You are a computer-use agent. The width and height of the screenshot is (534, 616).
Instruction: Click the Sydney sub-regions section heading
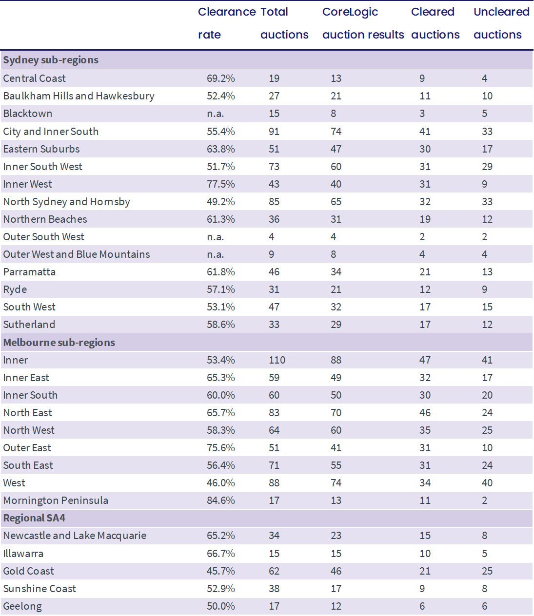click(51, 60)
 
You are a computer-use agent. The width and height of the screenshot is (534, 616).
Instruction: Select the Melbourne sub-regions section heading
click(59, 343)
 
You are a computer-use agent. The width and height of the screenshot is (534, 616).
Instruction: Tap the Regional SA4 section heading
click(34, 518)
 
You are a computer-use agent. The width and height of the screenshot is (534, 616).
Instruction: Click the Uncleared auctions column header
click(501, 23)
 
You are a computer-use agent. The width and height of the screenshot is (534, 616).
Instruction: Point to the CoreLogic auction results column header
click(363, 23)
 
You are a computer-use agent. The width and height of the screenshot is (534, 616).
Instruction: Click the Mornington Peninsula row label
click(56, 500)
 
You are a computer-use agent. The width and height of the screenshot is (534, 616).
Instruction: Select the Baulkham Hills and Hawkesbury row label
click(79, 96)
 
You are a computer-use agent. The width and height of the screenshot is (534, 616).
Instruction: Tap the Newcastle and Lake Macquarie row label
click(75, 536)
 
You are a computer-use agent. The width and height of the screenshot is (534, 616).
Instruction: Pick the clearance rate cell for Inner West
click(221, 184)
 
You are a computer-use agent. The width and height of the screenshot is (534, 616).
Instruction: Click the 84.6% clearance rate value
click(221, 500)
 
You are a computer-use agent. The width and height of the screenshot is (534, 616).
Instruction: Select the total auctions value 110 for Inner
click(277, 360)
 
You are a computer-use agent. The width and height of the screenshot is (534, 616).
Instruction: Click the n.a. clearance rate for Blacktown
click(215, 114)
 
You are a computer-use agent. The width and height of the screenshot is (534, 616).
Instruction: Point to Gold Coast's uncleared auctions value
click(487, 571)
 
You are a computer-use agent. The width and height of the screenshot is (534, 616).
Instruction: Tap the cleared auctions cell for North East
click(425, 413)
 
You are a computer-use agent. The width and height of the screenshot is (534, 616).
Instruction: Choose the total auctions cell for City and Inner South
click(274, 132)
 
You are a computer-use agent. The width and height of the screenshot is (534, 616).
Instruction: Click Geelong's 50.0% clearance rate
click(221, 606)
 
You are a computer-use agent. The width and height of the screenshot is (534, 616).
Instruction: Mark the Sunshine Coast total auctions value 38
click(274, 589)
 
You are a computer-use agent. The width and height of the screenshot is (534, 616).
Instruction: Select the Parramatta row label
click(29, 272)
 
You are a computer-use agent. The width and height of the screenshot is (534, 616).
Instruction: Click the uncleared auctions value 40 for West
click(487, 483)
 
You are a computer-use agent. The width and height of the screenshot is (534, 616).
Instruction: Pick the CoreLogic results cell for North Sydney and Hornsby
click(336, 202)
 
